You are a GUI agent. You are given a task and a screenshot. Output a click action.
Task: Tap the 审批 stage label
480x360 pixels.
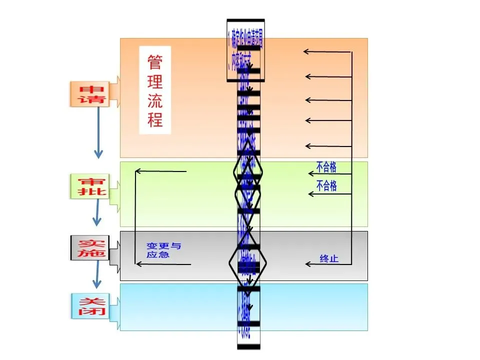88,186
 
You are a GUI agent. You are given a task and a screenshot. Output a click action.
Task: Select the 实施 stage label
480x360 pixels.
88,248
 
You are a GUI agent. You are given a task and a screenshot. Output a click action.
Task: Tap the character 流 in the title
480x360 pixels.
155,101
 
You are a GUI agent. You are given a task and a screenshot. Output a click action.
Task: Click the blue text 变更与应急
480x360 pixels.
163,250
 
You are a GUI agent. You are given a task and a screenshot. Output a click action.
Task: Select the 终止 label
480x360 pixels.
329,258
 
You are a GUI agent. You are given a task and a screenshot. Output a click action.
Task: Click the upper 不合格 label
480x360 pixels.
326,167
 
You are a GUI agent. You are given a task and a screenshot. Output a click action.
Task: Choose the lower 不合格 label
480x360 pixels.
326,186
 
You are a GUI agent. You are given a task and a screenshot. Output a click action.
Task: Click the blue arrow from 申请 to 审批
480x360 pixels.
98,132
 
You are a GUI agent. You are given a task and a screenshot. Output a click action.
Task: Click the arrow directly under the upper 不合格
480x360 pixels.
329,173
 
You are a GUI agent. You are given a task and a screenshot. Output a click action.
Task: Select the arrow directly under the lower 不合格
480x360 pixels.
329,193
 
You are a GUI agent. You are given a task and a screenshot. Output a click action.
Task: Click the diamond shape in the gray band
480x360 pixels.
248,262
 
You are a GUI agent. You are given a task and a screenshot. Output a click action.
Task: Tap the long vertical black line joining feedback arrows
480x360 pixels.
352,157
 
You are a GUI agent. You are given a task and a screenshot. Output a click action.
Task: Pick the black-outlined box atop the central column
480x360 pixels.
245,50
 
